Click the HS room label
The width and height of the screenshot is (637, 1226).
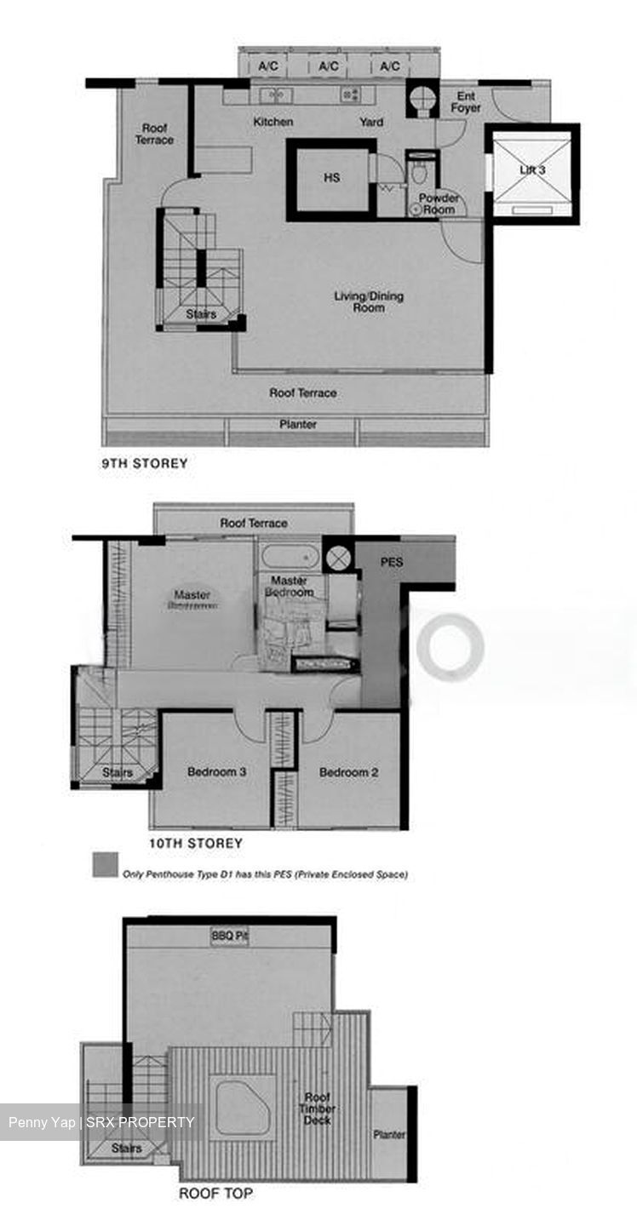pyautogui.click(x=332, y=178)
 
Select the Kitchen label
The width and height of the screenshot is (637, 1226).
pyautogui.click(x=273, y=122)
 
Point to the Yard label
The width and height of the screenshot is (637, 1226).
pyautogui.click(x=371, y=122)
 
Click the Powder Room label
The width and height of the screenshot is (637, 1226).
pyautogui.click(x=439, y=203)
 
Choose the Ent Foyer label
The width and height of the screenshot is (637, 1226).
pyautogui.click(x=467, y=102)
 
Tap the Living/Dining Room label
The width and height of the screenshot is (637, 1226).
pyautogui.click(x=368, y=301)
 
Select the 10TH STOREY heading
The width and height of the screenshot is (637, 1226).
pyautogui.click(x=195, y=843)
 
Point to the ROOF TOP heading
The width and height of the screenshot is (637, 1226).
pyautogui.click(x=215, y=1194)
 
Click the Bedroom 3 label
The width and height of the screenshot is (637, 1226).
pyautogui.click(x=217, y=772)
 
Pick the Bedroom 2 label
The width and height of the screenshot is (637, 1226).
pyautogui.click(x=348, y=772)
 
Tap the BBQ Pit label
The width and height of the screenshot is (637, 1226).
pyautogui.click(x=230, y=937)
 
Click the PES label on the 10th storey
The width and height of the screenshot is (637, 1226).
pyautogui.click(x=392, y=563)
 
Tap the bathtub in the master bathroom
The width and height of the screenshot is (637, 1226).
pyautogui.click(x=290, y=558)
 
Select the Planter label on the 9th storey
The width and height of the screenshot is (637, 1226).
pyautogui.click(x=298, y=424)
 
